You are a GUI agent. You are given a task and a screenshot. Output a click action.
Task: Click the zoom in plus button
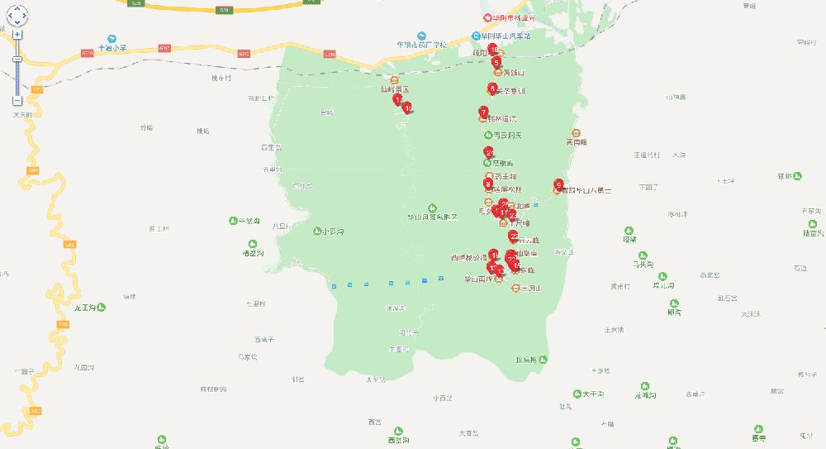pos(17,36)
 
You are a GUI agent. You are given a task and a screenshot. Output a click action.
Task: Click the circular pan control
pos(17,14)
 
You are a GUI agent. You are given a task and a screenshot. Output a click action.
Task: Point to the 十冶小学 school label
pos(116,49)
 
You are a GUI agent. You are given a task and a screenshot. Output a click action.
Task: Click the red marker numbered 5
pos(496,61)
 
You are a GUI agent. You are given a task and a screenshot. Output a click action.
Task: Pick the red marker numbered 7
pos(483,112)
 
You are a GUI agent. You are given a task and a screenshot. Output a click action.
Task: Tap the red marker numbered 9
pos(559,184)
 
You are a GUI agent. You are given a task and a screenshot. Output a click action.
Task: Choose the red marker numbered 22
pos(514,236)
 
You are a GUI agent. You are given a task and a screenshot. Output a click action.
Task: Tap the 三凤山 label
pos(529,289)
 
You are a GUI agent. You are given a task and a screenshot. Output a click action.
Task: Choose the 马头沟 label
pos(643,265)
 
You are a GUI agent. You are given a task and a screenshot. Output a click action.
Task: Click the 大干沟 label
pos(593,394)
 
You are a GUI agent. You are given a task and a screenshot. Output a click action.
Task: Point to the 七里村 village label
pos(255,304)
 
